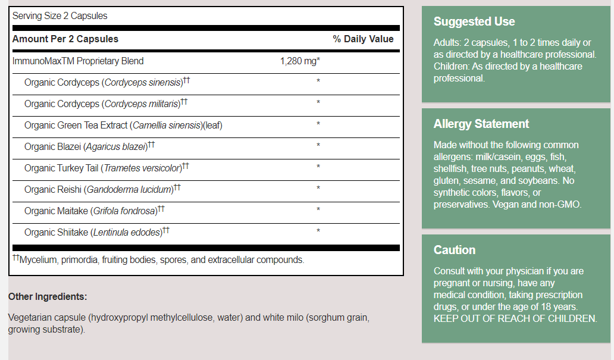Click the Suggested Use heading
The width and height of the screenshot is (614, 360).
[474, 22]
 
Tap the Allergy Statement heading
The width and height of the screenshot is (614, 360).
[481, 124]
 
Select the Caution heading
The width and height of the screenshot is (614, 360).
[455, 251]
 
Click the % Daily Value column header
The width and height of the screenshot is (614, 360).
[363, 39]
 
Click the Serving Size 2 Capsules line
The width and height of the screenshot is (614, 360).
[60, 16]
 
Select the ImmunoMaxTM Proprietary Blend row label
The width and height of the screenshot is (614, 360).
[78, 61]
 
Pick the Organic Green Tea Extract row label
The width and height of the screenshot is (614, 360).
[123, 126]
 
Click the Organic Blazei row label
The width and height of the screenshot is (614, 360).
[89, 146]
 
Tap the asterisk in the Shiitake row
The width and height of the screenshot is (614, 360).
[318, 231]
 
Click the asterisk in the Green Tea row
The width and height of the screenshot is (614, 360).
[318, 124]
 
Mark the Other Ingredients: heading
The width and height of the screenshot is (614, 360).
[48, 296]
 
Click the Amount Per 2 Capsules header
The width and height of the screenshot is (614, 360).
[65, 39]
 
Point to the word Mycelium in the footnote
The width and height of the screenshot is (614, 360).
[37, 260]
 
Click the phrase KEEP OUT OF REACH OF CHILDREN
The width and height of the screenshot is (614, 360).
[515, 319]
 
